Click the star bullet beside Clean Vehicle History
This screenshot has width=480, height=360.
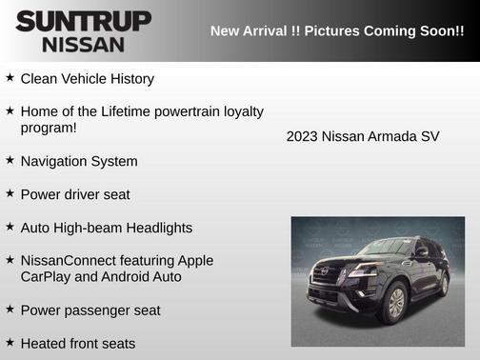coord(10,78)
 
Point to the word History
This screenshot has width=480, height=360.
coord(129,79)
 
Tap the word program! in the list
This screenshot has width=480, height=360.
coord(48,128)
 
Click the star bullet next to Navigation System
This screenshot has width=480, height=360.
coord(10,161)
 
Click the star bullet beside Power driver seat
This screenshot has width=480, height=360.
coord(10,194)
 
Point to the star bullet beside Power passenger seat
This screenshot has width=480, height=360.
coord(10,310)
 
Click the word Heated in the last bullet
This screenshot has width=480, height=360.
coord(45,344)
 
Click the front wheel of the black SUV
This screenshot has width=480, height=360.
coord(393,304)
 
